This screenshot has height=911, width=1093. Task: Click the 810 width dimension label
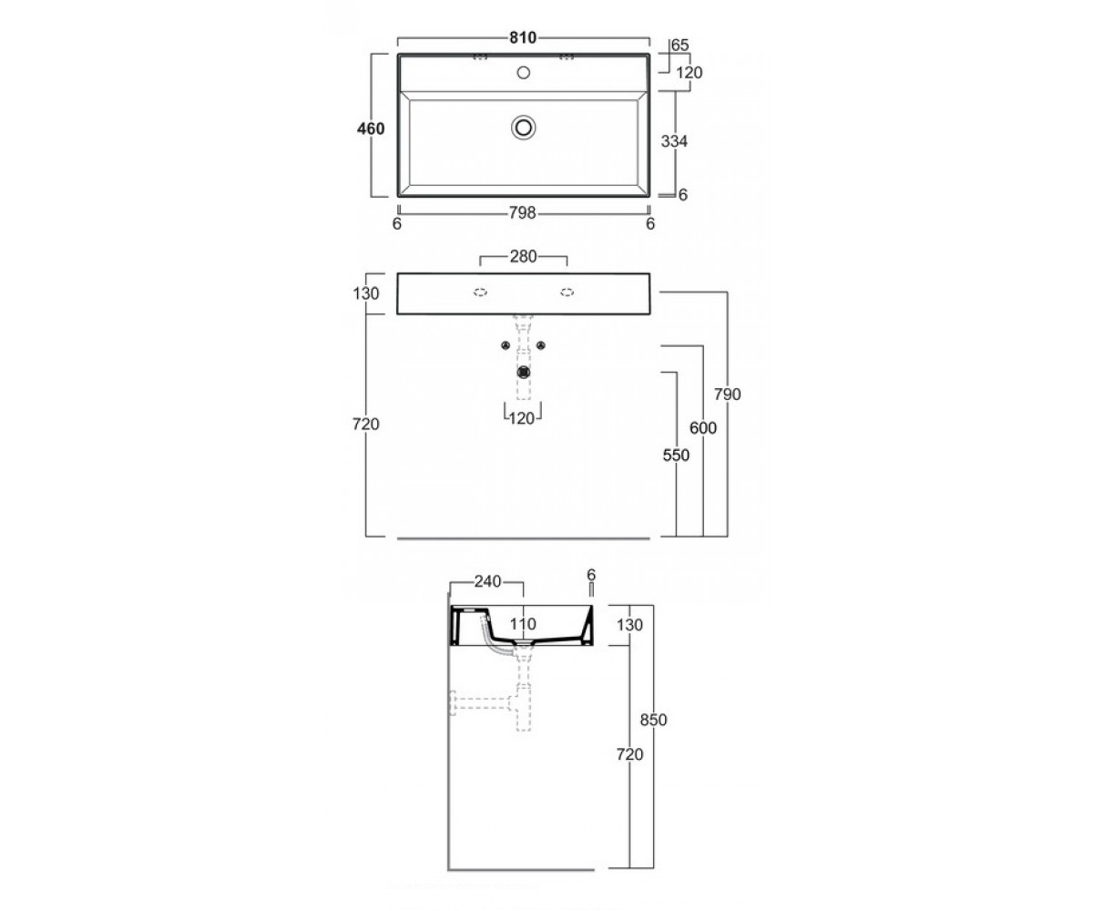tap(523, 37)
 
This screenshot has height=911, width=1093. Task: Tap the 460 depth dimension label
tap(371, 128)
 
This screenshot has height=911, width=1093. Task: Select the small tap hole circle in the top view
tap(524, 72)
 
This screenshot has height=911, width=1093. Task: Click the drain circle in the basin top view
tap(524, 128)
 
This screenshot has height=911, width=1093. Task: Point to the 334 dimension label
tap(674, 141)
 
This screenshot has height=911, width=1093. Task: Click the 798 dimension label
tap(523, 212)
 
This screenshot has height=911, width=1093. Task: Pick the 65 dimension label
tap(679, 45)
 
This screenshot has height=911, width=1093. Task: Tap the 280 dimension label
tap(523, 256)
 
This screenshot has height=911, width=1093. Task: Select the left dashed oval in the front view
tap(481, 292)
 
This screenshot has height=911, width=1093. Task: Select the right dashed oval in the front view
tap(567, 292)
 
